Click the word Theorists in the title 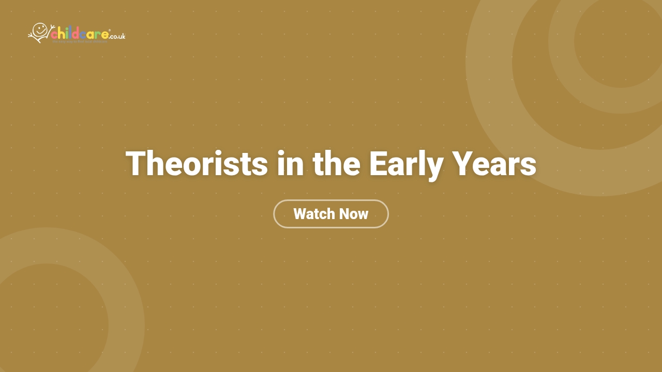197,164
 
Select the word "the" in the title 336,164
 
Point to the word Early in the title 406,164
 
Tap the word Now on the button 354,214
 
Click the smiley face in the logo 40,29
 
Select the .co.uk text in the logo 117,36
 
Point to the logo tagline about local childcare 80,41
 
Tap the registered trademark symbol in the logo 110,30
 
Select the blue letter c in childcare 83,35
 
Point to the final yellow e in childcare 105,35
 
